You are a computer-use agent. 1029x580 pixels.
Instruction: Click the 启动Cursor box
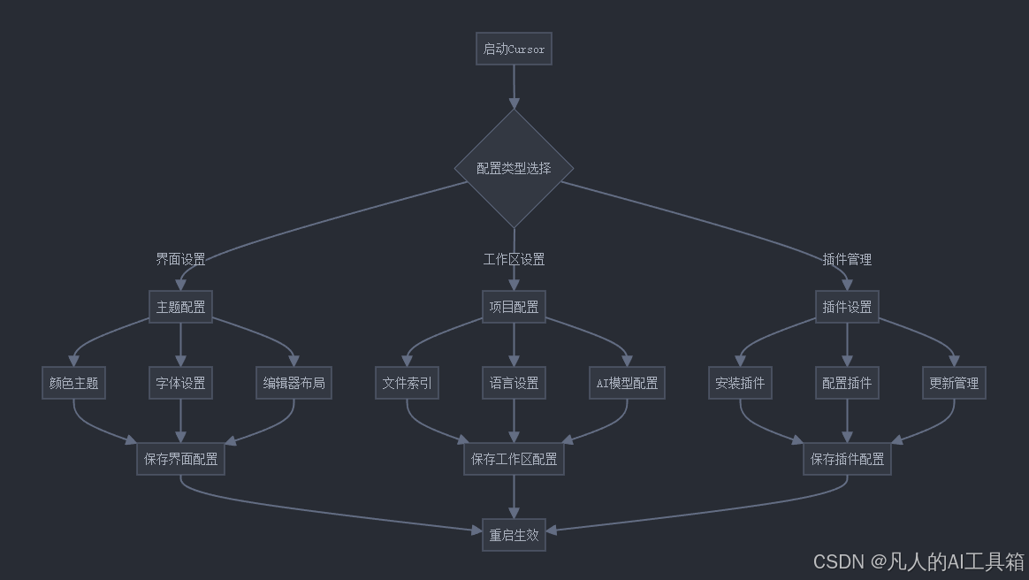[514, 49]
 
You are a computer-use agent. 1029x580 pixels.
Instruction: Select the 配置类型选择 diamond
[514, 168]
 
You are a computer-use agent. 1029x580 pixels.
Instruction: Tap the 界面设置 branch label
[180, 259]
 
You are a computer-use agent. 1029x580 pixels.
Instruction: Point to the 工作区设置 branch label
[514, 259]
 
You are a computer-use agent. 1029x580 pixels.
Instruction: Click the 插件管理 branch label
[847, 259]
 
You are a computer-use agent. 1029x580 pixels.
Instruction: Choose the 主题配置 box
[180, 307]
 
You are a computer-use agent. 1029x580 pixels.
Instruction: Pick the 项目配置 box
[514, 307]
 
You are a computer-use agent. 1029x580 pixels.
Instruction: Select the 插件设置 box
[847, 307]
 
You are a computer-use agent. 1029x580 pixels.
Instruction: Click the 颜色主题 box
[73, 383]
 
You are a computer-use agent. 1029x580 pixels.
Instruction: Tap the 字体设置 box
[180, 383]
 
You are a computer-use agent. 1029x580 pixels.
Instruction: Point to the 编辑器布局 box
[293, 383]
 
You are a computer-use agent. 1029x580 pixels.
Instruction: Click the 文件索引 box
[407, 383]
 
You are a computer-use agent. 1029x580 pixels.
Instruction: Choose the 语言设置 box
[514, 383]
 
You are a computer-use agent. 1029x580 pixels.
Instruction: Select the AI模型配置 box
[627, 383]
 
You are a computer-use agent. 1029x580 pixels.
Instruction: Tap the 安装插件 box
[740, 383]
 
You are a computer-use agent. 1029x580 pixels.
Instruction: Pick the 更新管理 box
[954, 383]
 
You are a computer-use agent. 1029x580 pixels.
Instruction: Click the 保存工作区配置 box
[514, 459]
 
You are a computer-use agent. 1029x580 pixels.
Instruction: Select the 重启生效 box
[514, 535]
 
